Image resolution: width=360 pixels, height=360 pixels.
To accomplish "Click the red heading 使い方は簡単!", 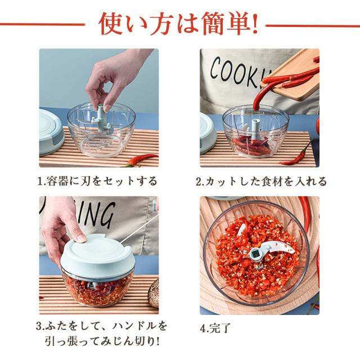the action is pos(178,24).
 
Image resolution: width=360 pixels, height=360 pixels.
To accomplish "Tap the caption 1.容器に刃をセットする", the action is pos(97,181).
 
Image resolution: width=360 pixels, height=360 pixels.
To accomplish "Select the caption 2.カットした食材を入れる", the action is pos(261,181).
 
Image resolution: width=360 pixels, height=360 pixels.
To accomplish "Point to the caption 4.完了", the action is pos(215,328).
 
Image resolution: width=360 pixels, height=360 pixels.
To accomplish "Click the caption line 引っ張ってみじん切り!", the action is pos(102,341).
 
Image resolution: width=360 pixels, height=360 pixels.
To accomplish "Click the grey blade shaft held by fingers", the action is pos(101,118).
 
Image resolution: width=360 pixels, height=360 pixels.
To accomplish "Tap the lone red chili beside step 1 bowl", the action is pos(142,160).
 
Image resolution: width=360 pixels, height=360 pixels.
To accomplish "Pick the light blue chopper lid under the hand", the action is pos(96,255).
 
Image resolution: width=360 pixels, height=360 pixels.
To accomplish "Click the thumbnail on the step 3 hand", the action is pos(81,238).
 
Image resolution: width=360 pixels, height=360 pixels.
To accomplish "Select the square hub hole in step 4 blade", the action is pos(255,254).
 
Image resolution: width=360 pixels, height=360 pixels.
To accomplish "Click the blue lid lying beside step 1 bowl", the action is pos(51,132).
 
